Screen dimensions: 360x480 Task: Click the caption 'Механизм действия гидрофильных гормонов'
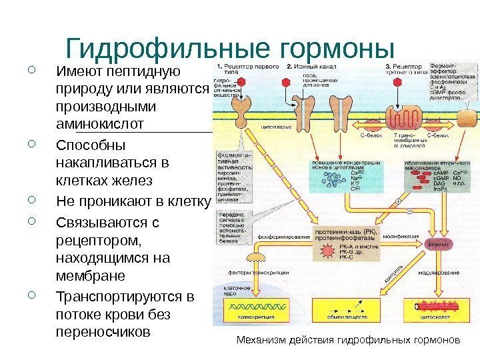[x=349, y=339]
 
